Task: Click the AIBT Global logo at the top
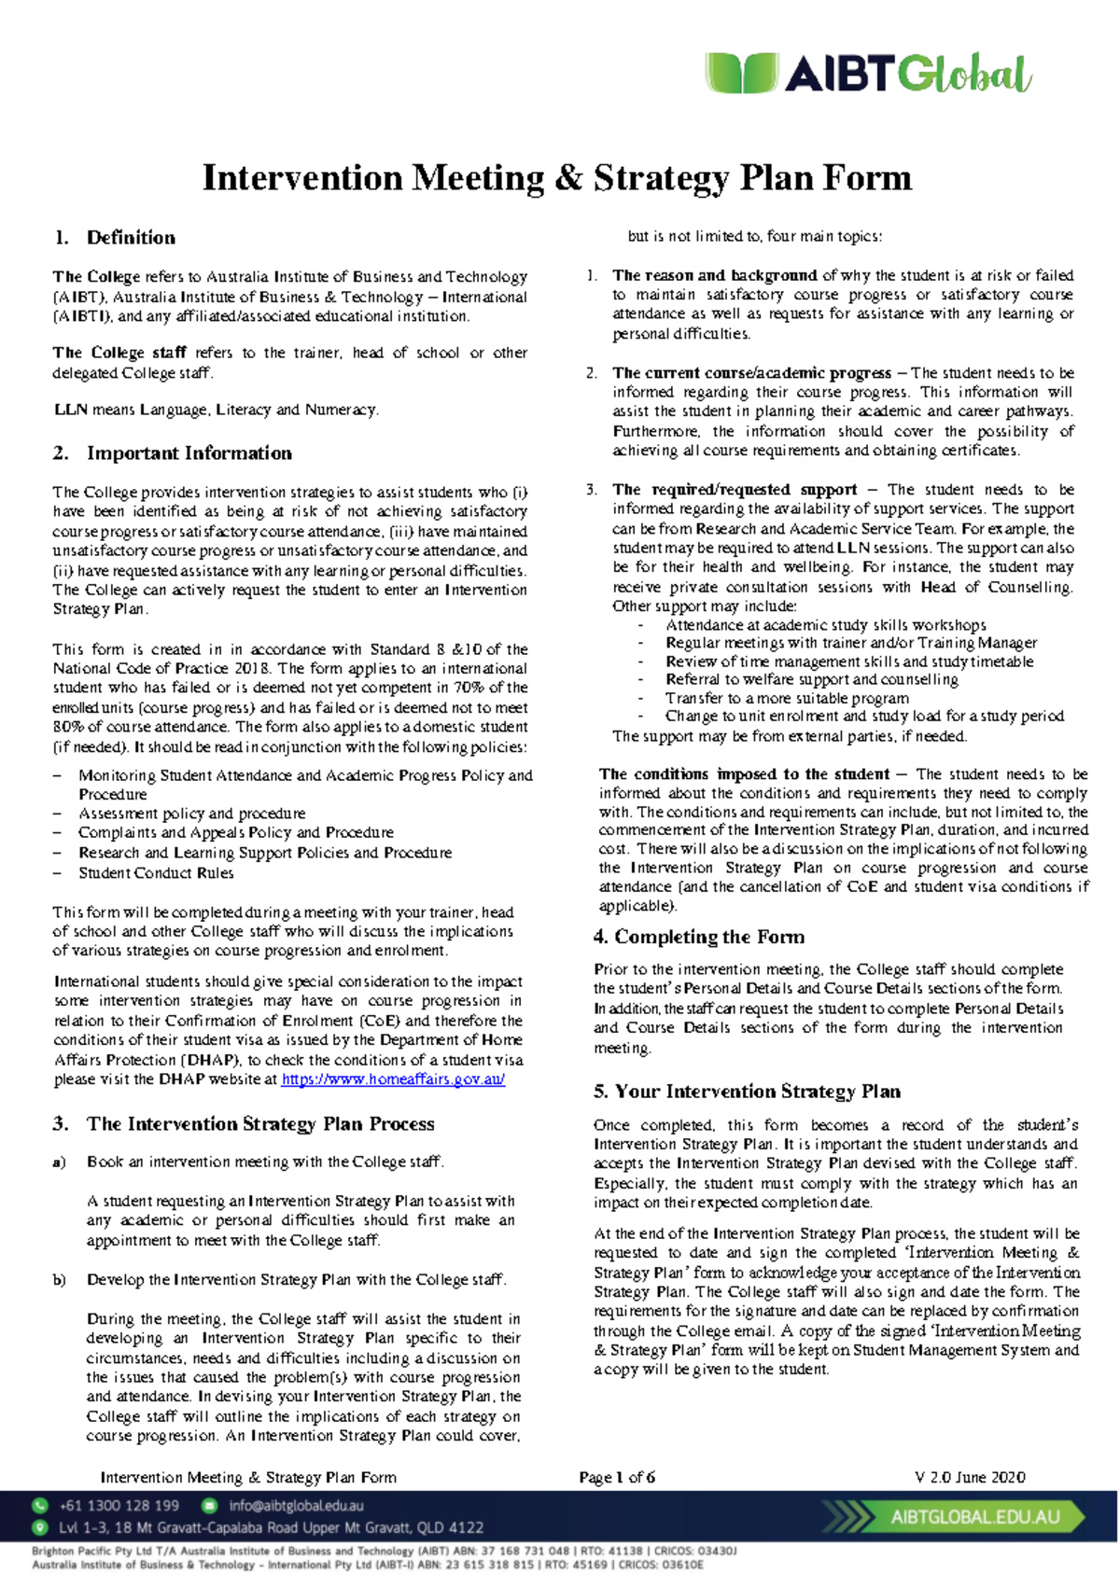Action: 868,74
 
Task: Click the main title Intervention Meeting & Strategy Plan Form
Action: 557,177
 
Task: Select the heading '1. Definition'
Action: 115,237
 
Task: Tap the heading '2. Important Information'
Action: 173,452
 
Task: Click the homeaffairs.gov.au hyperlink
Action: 393,1079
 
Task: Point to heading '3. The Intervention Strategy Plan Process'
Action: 244,1123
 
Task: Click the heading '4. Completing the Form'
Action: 699,937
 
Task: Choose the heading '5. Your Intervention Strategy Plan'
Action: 747,1091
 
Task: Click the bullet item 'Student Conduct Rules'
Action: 156,873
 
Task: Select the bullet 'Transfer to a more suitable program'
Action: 787,698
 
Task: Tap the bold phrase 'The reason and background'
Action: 715,275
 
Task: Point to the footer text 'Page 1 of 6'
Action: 617,1477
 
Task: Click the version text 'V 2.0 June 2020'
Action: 970,1477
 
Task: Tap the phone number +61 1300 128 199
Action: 119,1506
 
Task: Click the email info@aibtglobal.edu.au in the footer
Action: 296,1506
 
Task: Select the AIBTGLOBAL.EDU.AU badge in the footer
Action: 974,1517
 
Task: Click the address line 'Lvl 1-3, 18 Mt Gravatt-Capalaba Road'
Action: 271,1528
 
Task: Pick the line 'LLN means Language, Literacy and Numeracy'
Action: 216,410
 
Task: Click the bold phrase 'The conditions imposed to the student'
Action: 745,774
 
